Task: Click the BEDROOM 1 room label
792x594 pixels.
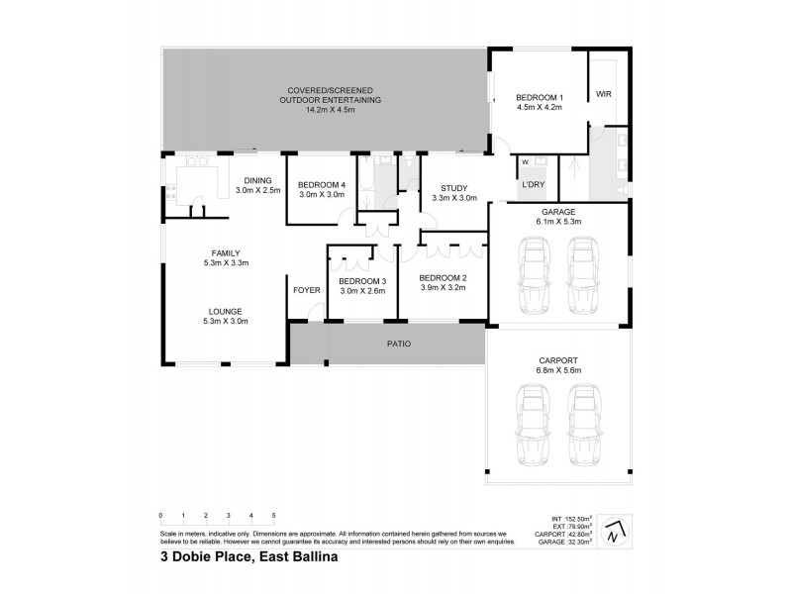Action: (x=539, y=97)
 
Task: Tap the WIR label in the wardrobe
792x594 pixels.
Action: (x=603, y=94)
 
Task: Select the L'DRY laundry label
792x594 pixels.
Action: (x=531, y=185)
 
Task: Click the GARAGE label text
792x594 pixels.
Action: (x=558, y=213)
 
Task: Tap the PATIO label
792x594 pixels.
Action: (x=398, y=344)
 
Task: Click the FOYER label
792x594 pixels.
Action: (x=306, y=290)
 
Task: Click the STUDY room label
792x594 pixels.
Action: (x=454, y=187)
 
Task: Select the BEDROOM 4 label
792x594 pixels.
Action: (x=322, y=184)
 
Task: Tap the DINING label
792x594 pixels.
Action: (x=257, y=179)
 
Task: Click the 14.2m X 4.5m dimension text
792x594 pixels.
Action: (x=330, y=111)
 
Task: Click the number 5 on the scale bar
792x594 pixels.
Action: (x=273, y=517)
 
